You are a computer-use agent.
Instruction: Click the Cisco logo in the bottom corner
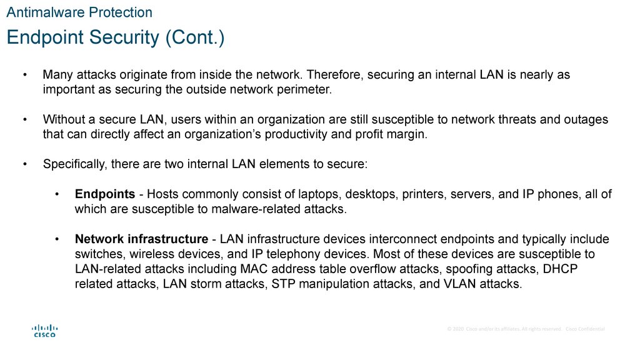coord(44,330)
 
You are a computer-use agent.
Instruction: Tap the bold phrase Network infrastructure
coord(141,239)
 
